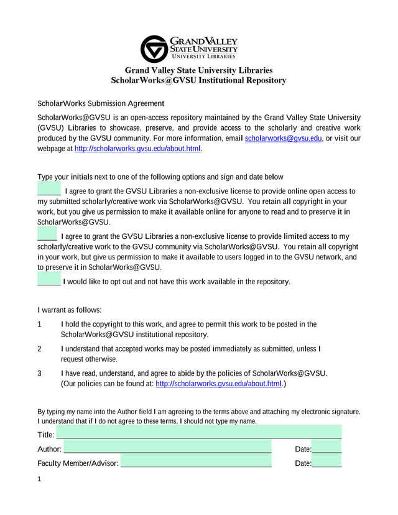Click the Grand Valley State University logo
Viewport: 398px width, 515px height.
189,49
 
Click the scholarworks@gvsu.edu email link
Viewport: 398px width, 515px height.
284,139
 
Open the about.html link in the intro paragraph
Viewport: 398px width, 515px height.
138,149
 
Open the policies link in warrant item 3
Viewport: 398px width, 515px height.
218,384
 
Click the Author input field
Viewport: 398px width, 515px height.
167,447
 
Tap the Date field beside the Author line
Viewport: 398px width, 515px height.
326,447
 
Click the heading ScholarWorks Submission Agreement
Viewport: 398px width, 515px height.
101,103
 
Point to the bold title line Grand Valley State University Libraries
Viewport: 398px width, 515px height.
198,70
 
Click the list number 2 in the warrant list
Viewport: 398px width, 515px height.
40,349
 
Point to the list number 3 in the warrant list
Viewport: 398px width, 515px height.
40,373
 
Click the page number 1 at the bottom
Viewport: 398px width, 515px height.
39,480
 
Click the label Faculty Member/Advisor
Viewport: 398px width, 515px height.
78,463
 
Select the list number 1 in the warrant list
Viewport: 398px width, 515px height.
40,324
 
